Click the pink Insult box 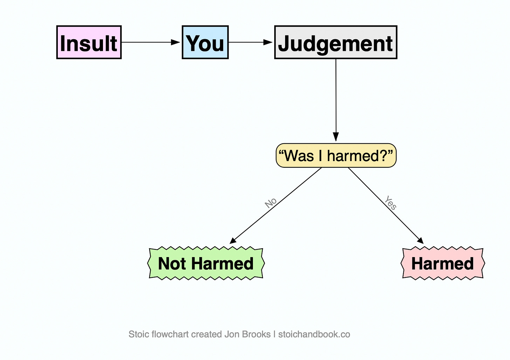[89, 42]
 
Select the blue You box [205, 42]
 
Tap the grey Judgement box [336, 42]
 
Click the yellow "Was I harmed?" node [336, 155]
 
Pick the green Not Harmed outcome [206, 263]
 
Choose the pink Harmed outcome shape [443, 263]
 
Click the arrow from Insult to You [151, 42]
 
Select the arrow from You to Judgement [250, 42]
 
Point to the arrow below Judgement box [336, 100]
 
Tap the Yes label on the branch [391, 202]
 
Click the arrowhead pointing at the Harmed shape [421, 241]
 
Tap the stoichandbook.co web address [314, 334]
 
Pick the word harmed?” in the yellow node [360, 155]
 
